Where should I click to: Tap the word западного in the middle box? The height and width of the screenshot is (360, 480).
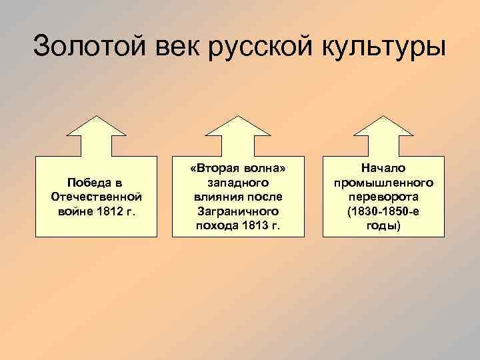239,183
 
